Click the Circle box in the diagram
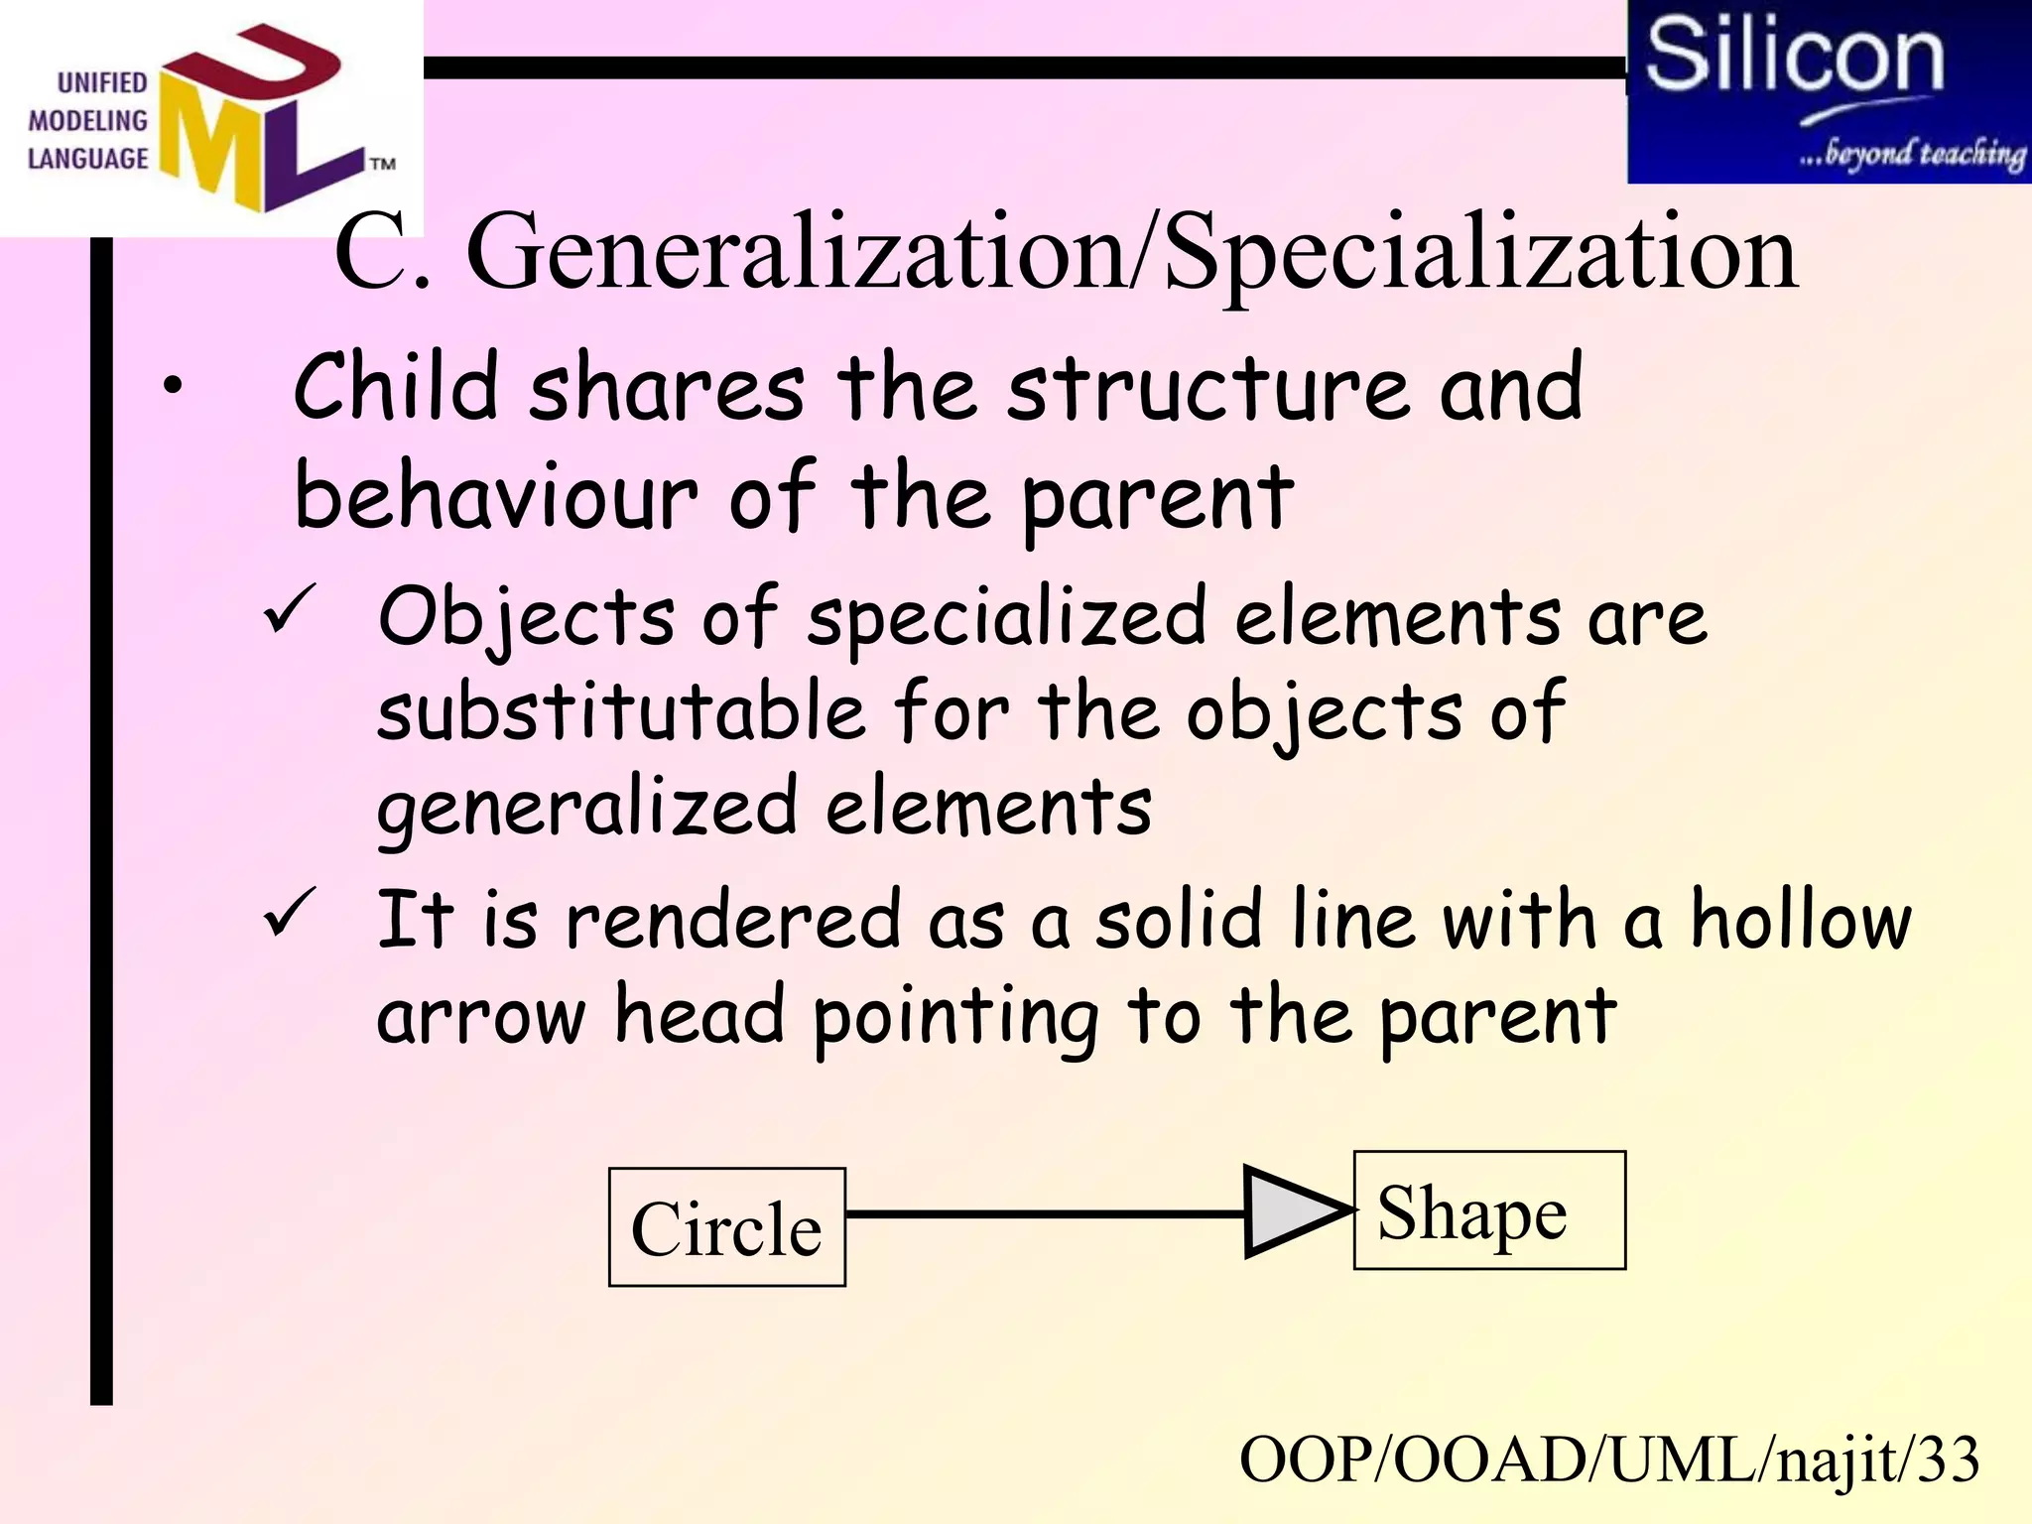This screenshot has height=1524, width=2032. [x=726, y=1227]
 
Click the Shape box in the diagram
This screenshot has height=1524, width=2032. [x=1488, y=1210]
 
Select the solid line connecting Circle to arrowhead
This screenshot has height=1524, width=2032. [x=1042, y=1213]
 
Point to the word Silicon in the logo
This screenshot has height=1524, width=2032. [x=1794, y=57]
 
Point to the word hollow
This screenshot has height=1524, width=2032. [x=1800, y=920]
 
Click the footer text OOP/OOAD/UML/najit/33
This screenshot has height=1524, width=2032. [x=1608, y=1460]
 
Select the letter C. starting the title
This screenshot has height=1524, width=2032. [x=381, y=253]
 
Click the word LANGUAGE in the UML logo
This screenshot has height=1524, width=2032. [x=87, y=159]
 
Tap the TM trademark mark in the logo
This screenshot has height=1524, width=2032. [x=383, y=164]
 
